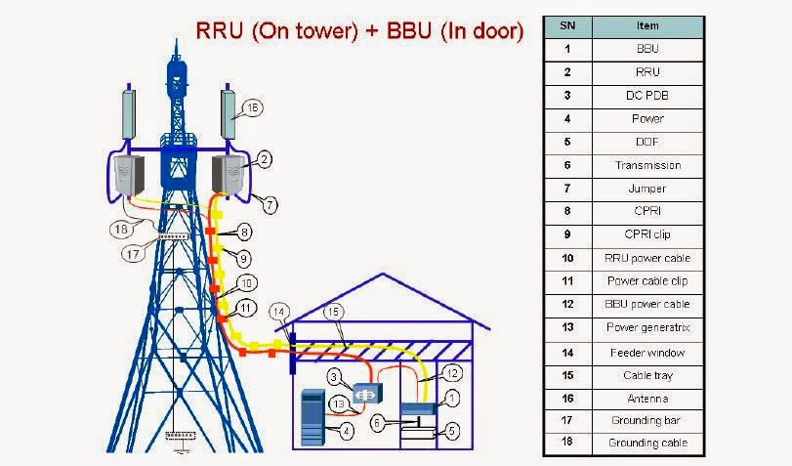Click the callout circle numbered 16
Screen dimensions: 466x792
click(x=252, y=109)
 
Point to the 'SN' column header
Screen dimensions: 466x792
click(x=566, y=25)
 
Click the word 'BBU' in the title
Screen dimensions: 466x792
click(x=403, y=30)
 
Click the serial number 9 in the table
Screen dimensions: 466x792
click(x=566, y=234)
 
